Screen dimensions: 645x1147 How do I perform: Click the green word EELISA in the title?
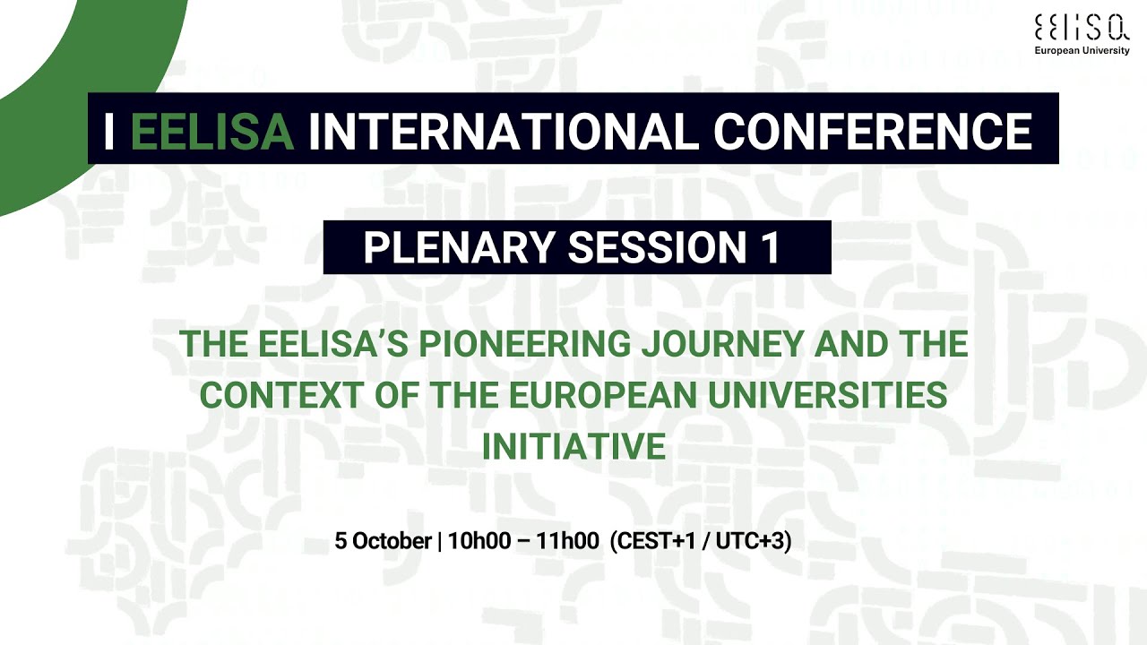(212, 132)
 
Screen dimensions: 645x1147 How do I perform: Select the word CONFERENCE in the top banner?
(873, 132)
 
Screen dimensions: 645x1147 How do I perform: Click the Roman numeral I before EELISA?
(109, 132)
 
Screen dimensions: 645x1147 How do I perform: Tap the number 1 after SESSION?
(771, 248)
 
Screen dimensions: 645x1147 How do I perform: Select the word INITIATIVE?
(573, 446)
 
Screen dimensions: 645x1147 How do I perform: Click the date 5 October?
(383, 541)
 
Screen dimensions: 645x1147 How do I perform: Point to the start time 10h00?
(479, 541)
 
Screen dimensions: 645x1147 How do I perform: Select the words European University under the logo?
(1082, 51)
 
